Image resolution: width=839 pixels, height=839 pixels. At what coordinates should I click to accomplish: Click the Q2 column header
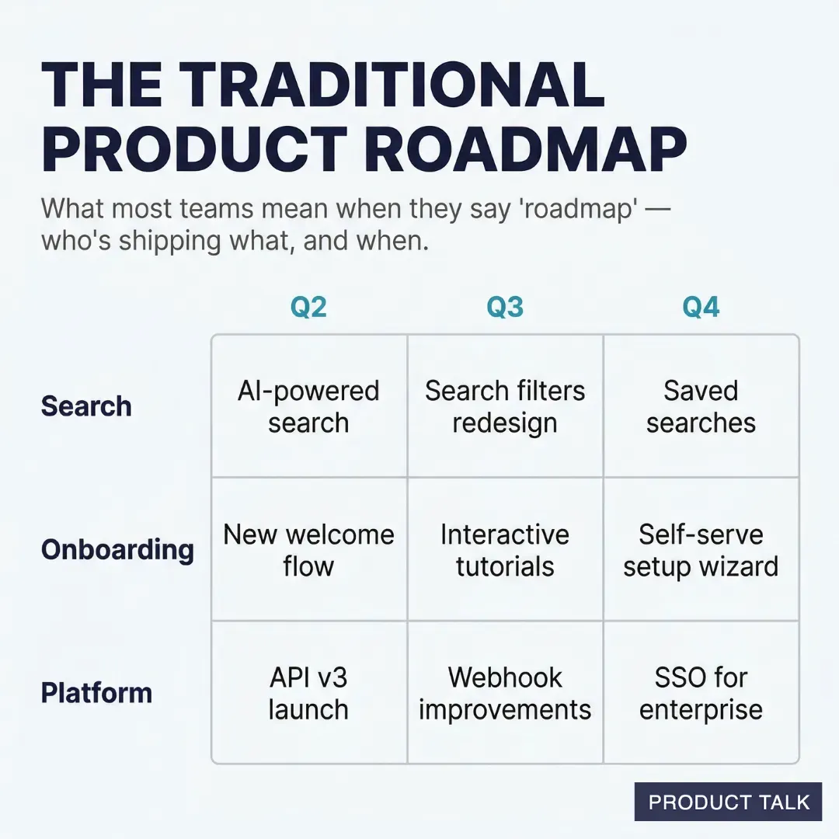point(308,308)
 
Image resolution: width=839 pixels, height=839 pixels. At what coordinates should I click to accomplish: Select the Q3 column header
point(505,308)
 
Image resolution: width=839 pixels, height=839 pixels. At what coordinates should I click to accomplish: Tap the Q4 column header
point(701,308)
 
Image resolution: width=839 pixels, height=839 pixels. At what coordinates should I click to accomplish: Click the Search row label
point(86,406)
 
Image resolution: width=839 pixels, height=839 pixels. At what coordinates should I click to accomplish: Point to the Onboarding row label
point(117,550)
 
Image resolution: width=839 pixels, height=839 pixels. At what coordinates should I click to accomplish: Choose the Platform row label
point(96,693)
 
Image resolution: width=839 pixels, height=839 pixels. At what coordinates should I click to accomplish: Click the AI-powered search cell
point(308,406)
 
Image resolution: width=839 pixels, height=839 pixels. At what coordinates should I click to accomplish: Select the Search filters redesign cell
point(505,406)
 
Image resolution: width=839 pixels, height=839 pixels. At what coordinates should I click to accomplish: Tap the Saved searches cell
point(701,406)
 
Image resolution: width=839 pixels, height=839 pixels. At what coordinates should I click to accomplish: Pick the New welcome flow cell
point(308,550)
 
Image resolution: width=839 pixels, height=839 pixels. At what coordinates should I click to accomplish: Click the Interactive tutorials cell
point(505,550)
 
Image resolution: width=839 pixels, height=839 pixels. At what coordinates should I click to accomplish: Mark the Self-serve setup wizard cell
point(701,550)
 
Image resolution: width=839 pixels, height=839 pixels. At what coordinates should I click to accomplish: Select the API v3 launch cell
point(308,693)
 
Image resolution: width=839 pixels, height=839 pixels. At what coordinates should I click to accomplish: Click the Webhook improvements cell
point(505,693)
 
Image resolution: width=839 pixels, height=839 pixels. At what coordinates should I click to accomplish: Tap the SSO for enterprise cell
point(701,693)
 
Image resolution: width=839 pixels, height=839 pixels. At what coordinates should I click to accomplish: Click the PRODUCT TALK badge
point(728,802)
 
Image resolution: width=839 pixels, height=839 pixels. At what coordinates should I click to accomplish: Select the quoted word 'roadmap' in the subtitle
point(570,209)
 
